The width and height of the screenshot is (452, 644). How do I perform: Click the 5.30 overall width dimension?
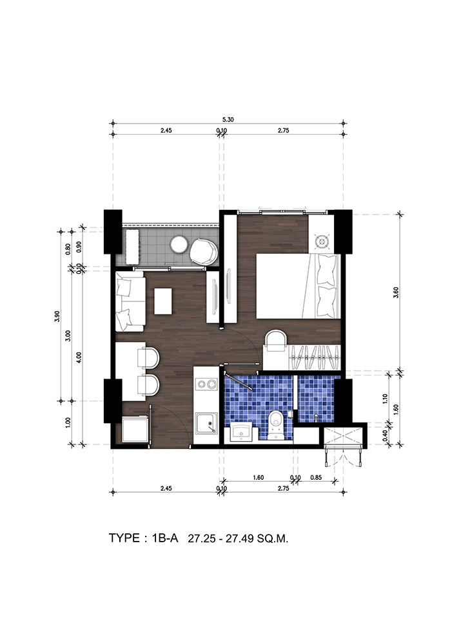[228, 120]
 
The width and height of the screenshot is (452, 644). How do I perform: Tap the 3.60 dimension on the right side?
[396, 292]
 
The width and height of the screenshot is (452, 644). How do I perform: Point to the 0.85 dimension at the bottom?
[317, 478]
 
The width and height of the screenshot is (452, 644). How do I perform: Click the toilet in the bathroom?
[276, 426]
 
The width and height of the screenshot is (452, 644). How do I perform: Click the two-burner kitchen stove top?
[206, 384]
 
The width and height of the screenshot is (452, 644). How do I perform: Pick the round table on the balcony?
[179, 245]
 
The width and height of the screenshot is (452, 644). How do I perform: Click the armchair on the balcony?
[203, 251]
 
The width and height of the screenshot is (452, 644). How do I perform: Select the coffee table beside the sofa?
[163, 301]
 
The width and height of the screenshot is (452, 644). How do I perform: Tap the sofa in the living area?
[130, 301]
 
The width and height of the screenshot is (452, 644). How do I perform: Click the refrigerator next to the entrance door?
[135, 430]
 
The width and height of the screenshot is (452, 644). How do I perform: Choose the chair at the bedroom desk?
[275, 341]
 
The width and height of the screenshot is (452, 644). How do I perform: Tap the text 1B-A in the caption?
[165, 538]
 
